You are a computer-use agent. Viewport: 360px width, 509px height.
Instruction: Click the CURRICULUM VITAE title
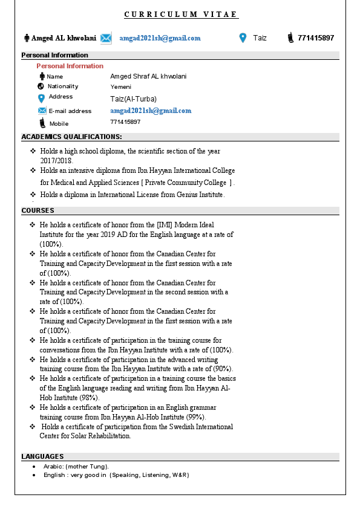181,15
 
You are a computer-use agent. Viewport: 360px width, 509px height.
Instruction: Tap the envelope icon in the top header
106,38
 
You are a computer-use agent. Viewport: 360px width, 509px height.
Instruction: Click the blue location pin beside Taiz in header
243,38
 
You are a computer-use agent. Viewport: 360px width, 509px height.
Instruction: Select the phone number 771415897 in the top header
316,38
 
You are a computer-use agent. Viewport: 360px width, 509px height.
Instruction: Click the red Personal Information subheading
70,66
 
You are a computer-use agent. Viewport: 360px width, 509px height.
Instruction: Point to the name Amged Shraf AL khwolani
148,76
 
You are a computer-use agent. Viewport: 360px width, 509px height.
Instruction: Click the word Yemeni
121,87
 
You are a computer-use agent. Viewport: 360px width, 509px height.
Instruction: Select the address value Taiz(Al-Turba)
133,99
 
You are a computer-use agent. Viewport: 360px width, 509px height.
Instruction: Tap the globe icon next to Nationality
41,86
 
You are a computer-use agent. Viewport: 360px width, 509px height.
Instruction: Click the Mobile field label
59,124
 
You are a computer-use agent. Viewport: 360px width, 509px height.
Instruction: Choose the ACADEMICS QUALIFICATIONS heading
71,137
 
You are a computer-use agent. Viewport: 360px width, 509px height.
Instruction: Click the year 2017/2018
56,161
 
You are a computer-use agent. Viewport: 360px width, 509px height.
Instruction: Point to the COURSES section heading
38,210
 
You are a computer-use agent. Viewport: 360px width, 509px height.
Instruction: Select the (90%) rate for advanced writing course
223,369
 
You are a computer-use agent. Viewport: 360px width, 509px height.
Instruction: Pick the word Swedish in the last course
171,427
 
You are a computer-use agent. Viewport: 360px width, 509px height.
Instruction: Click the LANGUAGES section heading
42,456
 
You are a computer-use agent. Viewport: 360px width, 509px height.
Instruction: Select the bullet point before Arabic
33,467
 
